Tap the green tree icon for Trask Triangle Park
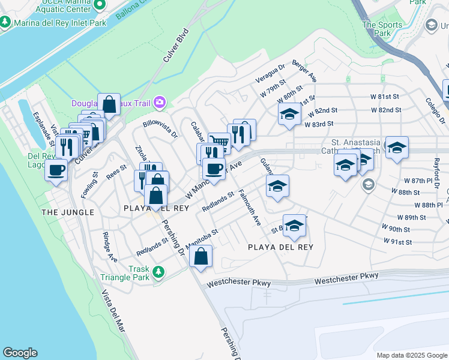(x=158, y=273)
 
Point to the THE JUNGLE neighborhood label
(x=68, y=212)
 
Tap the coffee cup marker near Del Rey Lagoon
(x=57, y=170)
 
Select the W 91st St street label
(x=400, y=242)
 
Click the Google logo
(x=20, y=353)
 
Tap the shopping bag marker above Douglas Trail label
(x=109, y=104)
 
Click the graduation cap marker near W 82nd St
(x=289, y=114)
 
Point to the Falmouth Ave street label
(x=249, y=206)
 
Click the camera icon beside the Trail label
(x=159, y=103)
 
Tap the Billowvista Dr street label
(x=160, y=128)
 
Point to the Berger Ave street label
(x=304, y=71)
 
